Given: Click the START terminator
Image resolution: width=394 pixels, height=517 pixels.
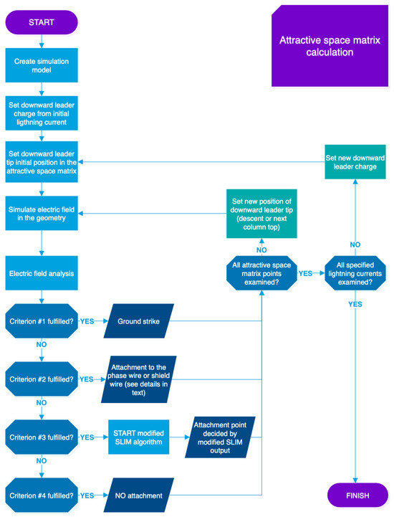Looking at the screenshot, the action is (x=42, y=22).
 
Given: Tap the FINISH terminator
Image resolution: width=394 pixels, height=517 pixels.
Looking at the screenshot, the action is (x=357, y=495).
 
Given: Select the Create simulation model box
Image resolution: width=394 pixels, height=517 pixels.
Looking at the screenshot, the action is (x=42, y=65).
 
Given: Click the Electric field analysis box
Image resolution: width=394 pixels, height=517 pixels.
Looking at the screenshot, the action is (x=42, y=273).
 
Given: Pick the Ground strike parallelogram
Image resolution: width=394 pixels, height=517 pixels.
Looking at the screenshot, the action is (x=139, y=321).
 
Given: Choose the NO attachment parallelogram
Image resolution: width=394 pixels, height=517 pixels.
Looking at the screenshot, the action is (x=139, y=495).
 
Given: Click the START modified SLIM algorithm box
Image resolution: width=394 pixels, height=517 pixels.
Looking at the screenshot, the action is (x=139, y=437).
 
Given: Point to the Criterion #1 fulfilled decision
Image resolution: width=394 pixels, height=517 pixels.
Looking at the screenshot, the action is (x=42, y=321).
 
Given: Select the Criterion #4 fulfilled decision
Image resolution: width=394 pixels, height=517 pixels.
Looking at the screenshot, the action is (x=42, y=495).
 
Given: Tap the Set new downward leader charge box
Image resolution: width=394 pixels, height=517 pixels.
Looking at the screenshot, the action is (x=355, y=162).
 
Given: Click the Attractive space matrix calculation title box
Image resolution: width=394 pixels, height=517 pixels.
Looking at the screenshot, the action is (x=330, y=46).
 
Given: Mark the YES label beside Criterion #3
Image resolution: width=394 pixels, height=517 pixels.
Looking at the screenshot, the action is (x=87, y=437).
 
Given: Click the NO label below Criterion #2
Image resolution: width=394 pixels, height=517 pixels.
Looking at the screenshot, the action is (x=42, y=402).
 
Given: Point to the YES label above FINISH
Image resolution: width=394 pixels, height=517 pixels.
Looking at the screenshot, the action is (x=355, y=304).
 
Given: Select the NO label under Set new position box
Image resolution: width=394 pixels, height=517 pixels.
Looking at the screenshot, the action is (x=261, y=250).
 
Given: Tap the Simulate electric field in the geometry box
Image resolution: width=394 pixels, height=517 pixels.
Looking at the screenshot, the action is (x=42, y=214).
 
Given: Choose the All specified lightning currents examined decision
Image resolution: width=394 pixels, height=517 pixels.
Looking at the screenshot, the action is (x=355, y=273).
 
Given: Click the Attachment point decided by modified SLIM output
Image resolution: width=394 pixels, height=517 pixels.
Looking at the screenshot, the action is (x=220, y=437).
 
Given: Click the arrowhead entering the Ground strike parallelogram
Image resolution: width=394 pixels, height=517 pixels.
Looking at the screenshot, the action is (x=106, y=321).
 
